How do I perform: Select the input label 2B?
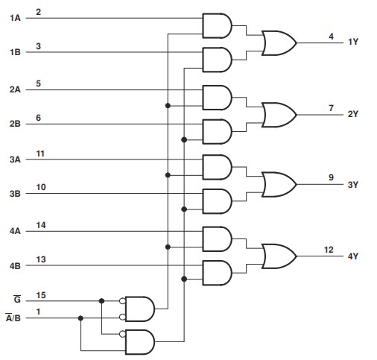(x=15, y=124)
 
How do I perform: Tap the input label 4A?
(x=15, y=231)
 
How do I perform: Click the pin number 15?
(x=40, y=296)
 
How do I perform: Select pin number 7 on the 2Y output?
(x=331, y=109)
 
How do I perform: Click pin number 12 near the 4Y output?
(x=329, y=250)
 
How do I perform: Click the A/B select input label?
(x=15, y=319)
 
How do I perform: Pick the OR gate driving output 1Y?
(x=278, y=43)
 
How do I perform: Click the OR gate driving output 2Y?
(x=278, y=114)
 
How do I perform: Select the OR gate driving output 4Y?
(x=278, y=256)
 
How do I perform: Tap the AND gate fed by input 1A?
(x=217, y=25)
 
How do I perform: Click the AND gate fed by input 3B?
(x=217, y=200)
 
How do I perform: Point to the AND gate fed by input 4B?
(x=217, y=272)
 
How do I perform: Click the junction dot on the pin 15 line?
(x=101, y=302)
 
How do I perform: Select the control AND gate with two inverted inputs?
(x=140, y=308)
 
